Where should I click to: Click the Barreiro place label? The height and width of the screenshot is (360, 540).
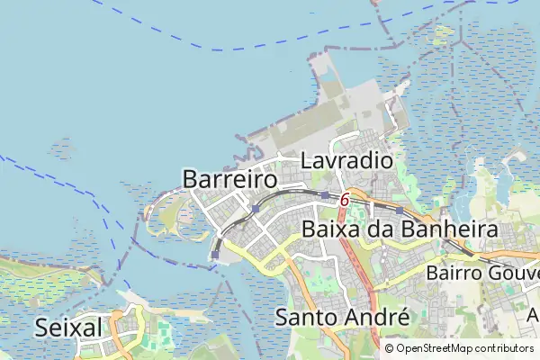(x=229, y=178)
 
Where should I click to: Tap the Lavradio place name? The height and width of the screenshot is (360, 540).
(x=346, y=161)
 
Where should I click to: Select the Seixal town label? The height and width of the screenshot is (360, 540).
(x=68, y=328)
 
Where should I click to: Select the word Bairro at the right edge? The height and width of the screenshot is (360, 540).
(x=454, y=272)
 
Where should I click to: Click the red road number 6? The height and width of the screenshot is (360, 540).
(x=345, y=200)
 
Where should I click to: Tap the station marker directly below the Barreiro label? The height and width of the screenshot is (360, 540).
(x=256, y=209)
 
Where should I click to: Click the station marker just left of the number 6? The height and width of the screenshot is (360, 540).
(x=325, y=194)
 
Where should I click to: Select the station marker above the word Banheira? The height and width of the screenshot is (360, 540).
(x=400, y=211)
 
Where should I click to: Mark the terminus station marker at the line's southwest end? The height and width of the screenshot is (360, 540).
(x=215, y=256)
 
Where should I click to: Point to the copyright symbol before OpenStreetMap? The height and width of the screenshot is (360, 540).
(x=390, y=348)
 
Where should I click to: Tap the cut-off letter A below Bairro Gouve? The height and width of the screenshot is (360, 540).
(x=532, y=316)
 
